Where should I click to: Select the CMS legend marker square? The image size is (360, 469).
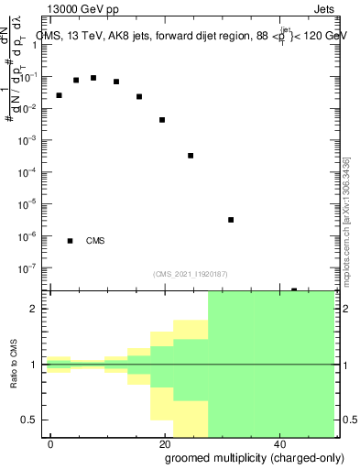click(71, 241)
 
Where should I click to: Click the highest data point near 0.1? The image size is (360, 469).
click(93, 78)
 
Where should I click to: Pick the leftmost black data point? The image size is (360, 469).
click(59, 95)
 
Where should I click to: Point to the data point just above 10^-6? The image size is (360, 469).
click(231, 220)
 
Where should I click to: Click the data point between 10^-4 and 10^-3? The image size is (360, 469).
click(191, 156)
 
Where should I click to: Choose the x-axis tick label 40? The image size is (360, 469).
click(280, 443)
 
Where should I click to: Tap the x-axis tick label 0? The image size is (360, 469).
click(51, 443)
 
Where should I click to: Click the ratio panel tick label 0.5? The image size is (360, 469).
click(34, 420)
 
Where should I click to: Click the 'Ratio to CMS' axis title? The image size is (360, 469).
click(15, 364)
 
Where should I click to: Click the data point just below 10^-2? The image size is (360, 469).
click(162, 120)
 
